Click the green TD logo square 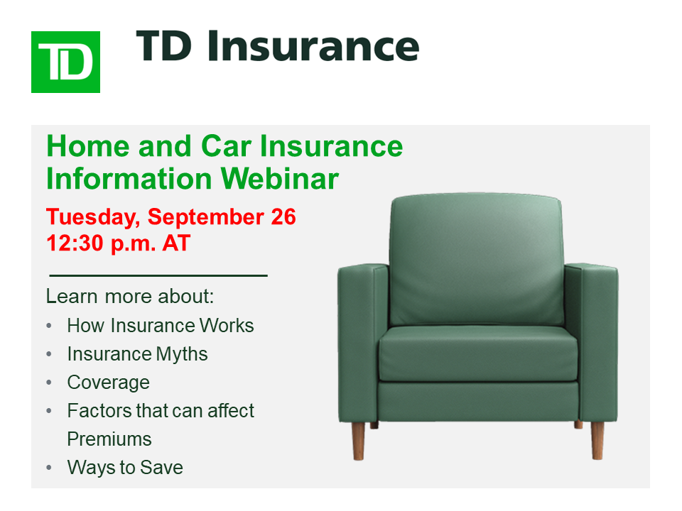(65, 62)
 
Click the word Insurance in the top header (313, 45)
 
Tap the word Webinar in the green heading (280, 179)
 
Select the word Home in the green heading (88, 146)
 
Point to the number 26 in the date (283, 217)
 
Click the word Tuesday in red (93, 218)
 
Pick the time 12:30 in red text (75, 243)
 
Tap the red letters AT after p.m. (176, 243)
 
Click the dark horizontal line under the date (158, 275)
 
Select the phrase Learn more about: (130, 297)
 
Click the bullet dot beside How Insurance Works (49, 326)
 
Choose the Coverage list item (108, 383)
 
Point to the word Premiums (109, 439)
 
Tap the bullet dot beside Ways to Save (49, 468)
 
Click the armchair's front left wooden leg (358, 441)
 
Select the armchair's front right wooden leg (597, 440)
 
